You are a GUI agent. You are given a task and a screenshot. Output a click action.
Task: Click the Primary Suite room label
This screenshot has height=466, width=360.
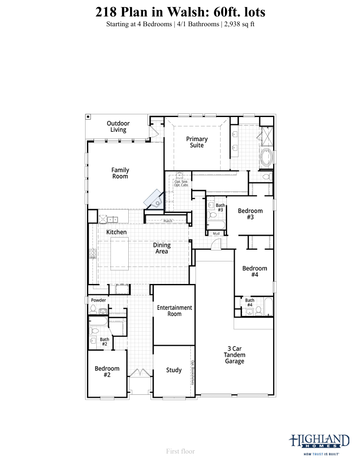coord(196,142)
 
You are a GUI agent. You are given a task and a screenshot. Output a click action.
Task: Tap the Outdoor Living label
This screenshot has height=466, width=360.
coord(118,126)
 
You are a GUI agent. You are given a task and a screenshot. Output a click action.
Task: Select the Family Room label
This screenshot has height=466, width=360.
coord(120,173)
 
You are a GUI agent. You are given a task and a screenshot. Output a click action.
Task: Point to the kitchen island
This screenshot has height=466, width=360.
coord(119,254)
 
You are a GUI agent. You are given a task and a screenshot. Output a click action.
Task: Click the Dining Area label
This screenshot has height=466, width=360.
coord(162,248)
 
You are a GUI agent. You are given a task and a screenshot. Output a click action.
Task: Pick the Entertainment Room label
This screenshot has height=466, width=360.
coord(175,311)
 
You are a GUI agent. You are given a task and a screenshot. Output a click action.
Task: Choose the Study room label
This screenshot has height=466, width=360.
coord(174,370)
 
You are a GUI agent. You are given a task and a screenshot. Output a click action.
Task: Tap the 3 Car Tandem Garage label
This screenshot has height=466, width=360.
coord(234,355)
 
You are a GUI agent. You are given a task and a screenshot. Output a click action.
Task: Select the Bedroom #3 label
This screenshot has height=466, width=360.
coord(250,214)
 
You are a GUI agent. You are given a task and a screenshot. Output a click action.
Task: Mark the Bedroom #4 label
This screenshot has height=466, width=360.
coord(255,271)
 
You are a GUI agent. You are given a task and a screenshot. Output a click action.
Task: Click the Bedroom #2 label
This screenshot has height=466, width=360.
coord(107,372)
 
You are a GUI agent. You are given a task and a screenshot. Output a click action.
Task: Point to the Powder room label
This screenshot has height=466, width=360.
coord(98,300)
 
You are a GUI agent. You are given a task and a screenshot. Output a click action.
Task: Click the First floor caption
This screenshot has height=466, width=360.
coord(180,451)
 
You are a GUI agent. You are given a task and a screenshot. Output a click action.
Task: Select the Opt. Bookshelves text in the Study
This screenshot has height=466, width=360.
coord(192,373)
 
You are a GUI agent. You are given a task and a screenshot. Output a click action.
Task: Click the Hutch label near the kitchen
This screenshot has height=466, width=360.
coord(168,221)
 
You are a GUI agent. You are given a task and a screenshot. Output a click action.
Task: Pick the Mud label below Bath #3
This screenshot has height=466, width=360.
coord(216,234)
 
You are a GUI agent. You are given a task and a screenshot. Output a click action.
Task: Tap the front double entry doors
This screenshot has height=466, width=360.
coord(140,373)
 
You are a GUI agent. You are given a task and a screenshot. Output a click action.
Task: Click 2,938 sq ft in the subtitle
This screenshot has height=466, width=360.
coord(239,24)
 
